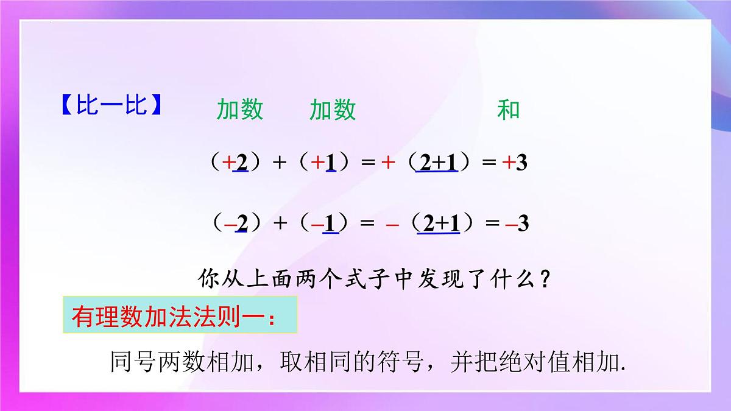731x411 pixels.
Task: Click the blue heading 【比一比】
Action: coord(112,107)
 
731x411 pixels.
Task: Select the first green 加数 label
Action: coord(240,110)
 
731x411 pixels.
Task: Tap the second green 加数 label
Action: coord(333,110)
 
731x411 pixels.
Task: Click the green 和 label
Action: coord(509,110)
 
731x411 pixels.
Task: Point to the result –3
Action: coord(517,223)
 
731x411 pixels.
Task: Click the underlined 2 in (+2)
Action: coord(241,164)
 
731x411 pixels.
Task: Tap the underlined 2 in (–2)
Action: coord(241,223)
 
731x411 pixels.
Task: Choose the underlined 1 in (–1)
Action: coord(330,223)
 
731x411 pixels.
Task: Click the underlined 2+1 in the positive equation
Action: coord(437,164)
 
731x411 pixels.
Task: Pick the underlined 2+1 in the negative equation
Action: coord(437,223)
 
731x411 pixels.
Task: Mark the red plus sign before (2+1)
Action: coord(386,164)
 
